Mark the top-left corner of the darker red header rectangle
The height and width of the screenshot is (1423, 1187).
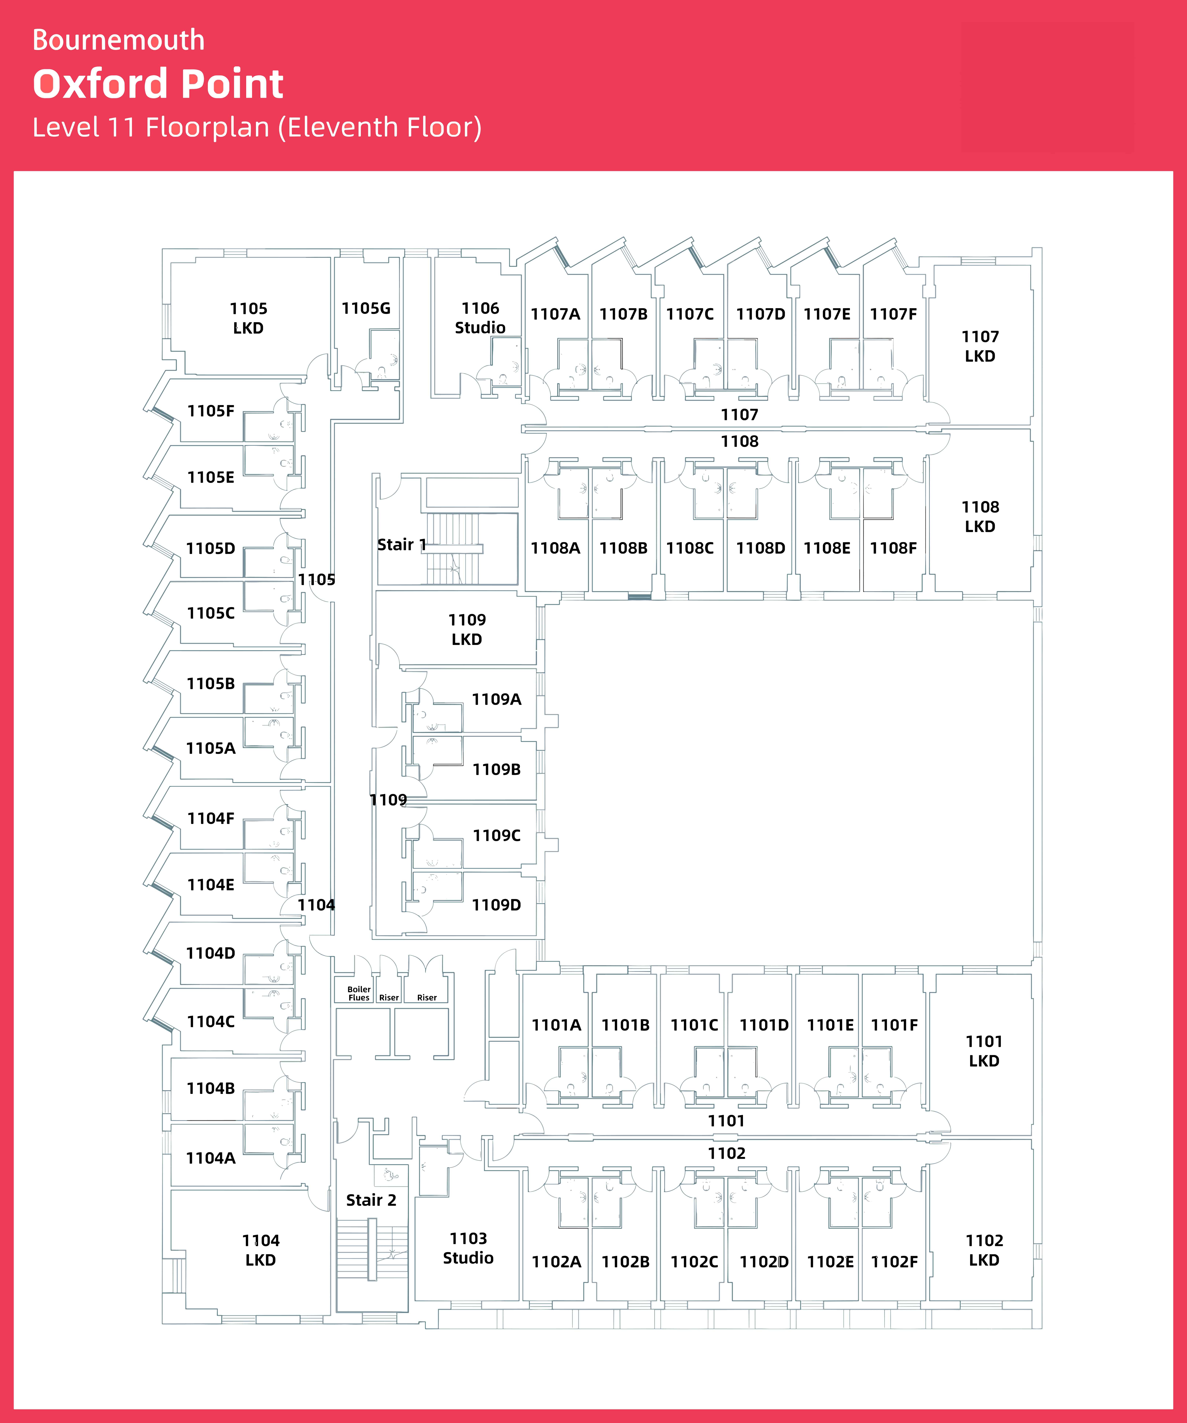pos(962,22)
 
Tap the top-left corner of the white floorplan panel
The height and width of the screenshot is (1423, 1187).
pos(14,171)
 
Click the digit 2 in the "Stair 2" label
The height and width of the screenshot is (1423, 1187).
pos(391,1200)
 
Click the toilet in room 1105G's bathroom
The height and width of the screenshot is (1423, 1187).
pos(382,371)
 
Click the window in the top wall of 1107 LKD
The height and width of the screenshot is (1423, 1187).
pos(978,261)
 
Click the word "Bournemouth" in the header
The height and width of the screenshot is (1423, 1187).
pos(119,40)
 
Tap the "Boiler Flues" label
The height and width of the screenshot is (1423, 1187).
pos(359,993)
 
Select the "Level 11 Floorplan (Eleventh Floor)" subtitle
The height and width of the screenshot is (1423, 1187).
pos(257,127)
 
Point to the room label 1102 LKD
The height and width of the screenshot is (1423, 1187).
pos(984,1250)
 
